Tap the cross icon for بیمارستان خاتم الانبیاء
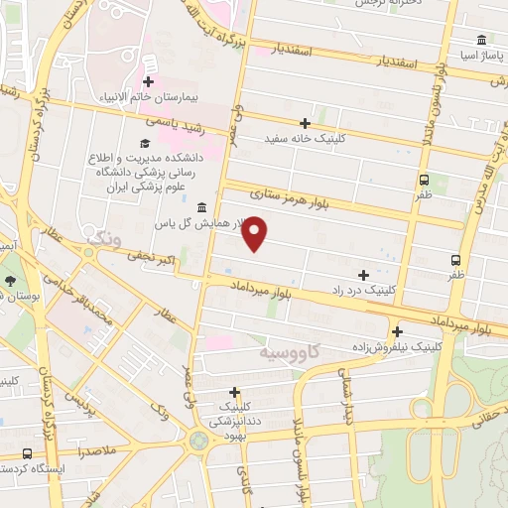[149, 81]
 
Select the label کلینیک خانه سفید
[294, 138]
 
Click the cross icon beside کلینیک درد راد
[364, 274]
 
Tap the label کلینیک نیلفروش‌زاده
[396, 348]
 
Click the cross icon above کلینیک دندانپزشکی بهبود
[235, 392]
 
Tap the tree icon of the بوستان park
[10, 281]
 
